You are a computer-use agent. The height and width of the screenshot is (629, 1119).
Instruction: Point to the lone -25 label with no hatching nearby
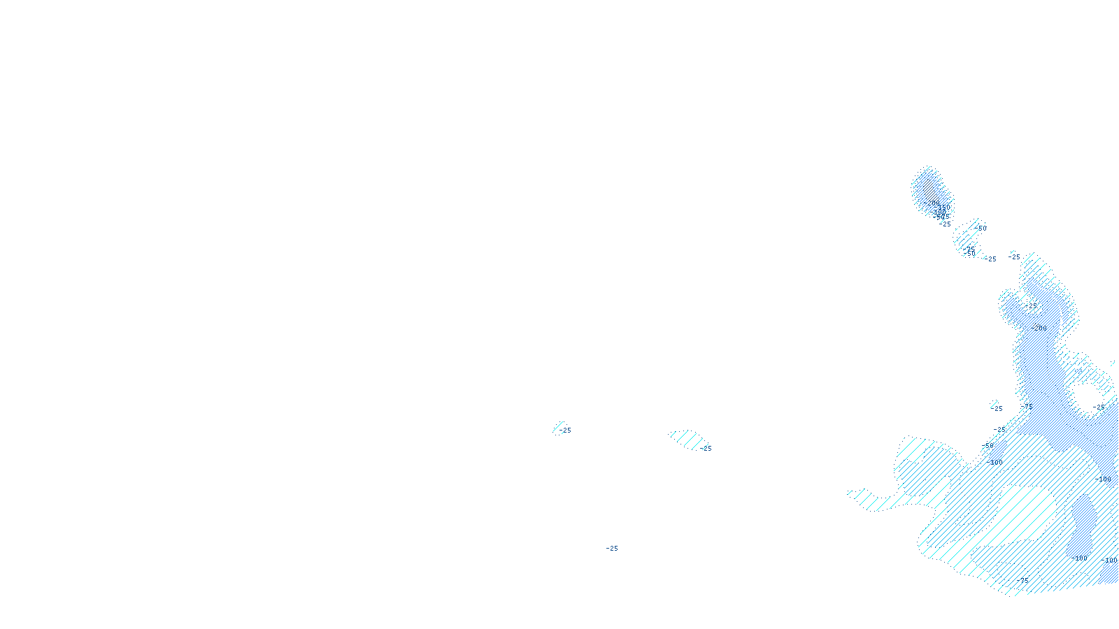coord(612,549)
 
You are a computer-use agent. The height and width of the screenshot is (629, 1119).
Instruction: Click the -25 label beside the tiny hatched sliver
coord(566,431)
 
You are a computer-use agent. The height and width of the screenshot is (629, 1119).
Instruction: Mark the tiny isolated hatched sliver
coord(557,427)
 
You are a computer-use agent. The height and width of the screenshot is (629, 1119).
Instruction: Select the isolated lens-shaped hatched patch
coord(689,440)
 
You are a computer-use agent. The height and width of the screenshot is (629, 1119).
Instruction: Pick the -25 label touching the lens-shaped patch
coord(706,449)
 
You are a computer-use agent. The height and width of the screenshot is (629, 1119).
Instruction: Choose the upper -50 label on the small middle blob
coord(981,229)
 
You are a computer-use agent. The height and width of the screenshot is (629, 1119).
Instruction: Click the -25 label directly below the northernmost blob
coord(946,224)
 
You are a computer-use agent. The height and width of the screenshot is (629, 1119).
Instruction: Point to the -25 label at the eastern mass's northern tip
coord(1015,257)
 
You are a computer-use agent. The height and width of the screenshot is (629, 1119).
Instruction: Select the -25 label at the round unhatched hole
coord(1099,407)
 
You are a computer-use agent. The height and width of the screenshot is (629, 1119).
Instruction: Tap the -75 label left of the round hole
coord(1028,405)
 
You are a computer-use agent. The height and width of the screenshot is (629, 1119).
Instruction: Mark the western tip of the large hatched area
coord(850,493)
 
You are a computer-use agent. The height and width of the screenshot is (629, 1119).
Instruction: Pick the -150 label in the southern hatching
coord(1079,558)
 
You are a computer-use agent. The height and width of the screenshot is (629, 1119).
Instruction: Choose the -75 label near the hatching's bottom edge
coord(1023,580)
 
